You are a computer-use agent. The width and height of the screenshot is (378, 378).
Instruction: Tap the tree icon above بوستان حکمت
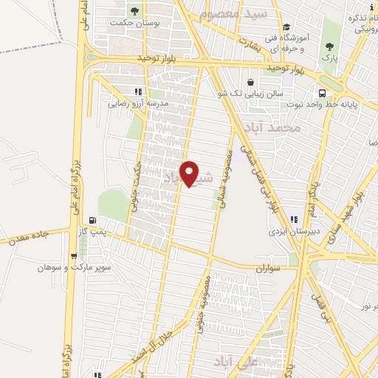134,11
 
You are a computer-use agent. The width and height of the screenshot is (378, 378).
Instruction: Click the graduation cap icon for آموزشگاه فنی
286,27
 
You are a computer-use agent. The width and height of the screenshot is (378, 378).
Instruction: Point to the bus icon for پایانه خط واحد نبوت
322,93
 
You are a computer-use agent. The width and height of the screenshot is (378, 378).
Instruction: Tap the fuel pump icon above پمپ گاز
92,220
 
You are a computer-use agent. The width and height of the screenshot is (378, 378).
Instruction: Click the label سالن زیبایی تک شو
243,94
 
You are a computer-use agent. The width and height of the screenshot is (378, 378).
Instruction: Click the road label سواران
270,269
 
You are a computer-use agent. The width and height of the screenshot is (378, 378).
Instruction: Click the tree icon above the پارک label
329,47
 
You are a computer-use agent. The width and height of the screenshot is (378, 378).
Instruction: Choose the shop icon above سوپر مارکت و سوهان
73,256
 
